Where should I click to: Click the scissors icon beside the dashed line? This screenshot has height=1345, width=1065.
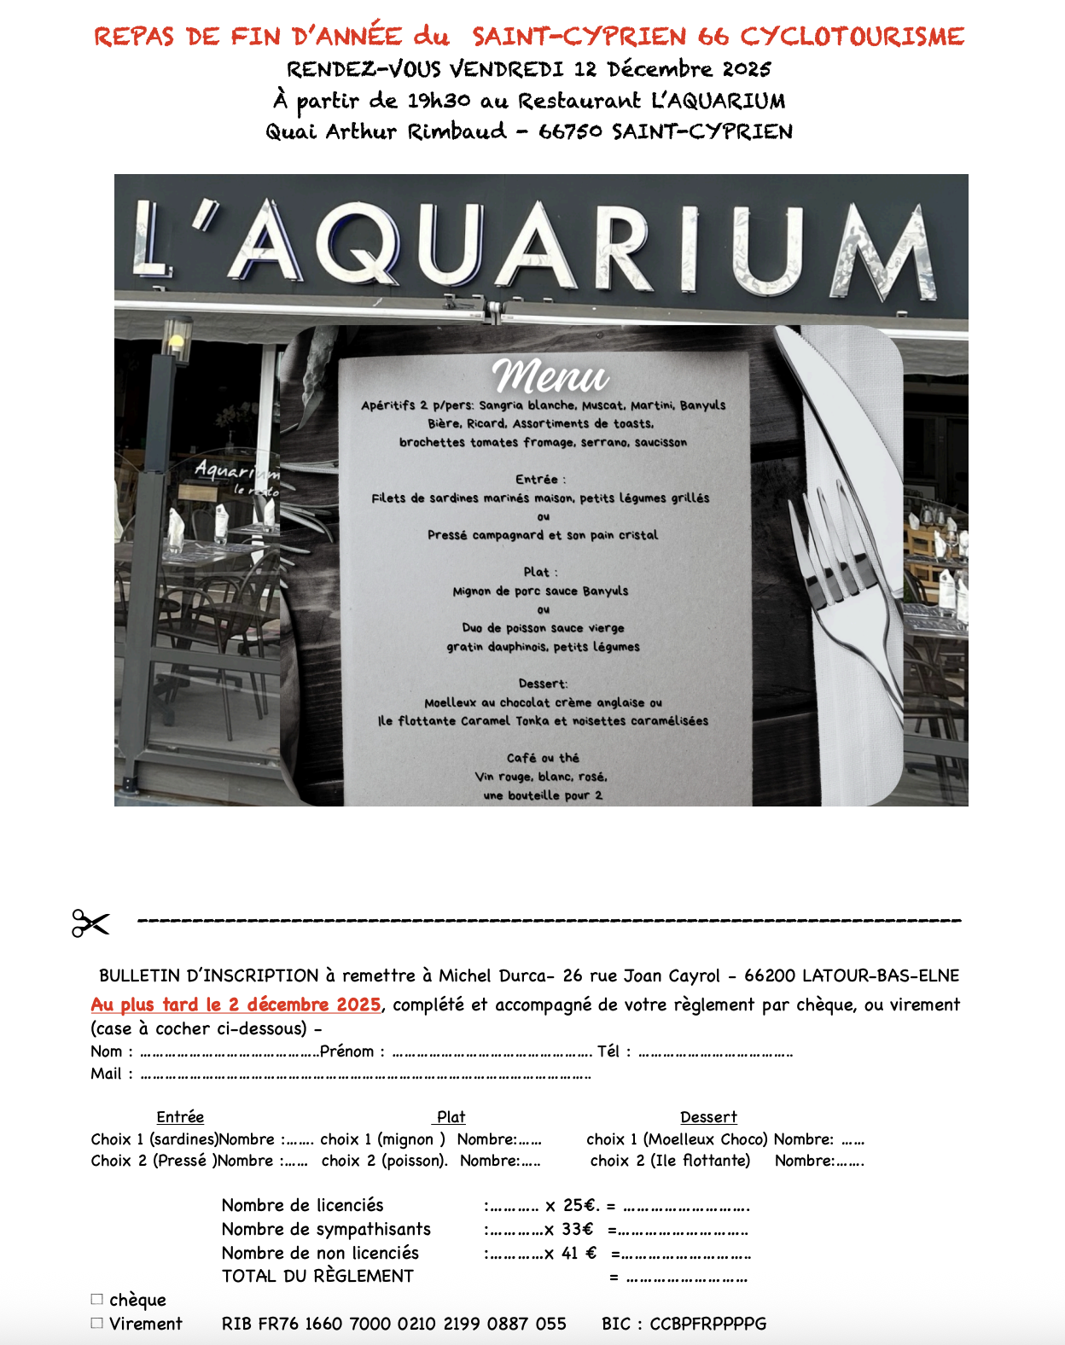(x=90, y=923)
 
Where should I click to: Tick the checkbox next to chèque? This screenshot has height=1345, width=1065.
(x=96, y=1299)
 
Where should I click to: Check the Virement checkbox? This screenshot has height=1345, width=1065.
(x=96, y=1323)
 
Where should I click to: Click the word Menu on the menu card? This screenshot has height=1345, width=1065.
(x=550, y=376)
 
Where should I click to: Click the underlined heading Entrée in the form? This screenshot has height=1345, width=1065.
(x=180, y=1116)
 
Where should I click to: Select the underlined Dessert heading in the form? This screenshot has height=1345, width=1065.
(x=708, y=1116)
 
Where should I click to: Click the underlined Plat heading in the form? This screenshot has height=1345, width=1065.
(x=451, y=1116)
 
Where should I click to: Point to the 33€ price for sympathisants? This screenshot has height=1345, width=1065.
(x=577, y=1229)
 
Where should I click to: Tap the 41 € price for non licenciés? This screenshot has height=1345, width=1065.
(x=579, y=1253)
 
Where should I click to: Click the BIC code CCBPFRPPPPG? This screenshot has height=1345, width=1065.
(x=707, y=1324)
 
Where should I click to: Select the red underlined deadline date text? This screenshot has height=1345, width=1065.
(x=236, y=1004)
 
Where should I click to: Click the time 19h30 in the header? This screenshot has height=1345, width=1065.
(x=439, y=101)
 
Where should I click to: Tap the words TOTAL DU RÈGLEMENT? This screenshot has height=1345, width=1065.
(x=317, y=1276)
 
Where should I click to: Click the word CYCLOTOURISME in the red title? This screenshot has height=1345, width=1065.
(x=852, y=37)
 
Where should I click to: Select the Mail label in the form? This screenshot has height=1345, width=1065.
(x=106, y=1074)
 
